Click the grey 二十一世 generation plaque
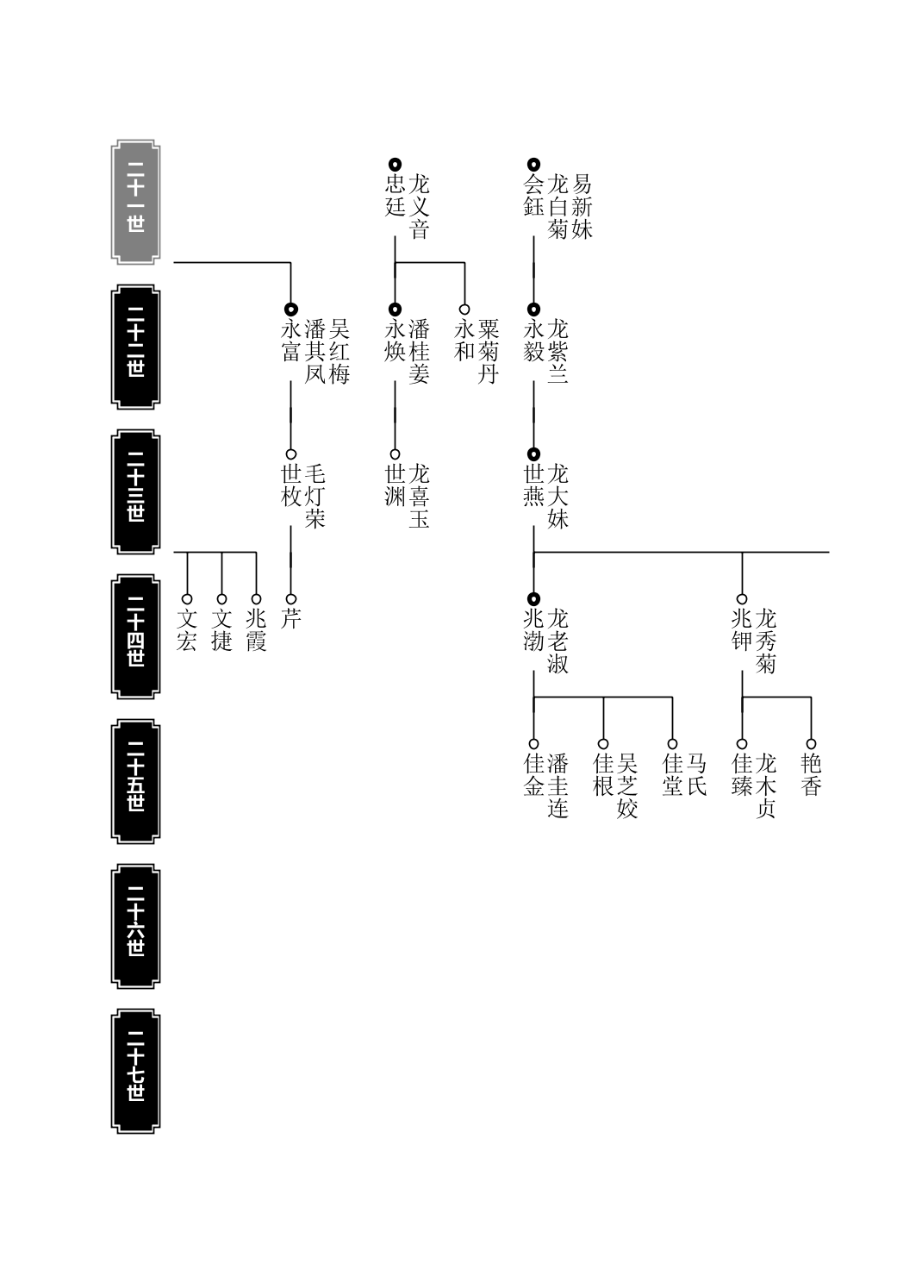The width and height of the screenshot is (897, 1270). coord(135,203)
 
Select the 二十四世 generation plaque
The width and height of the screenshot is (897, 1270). coord(135,636)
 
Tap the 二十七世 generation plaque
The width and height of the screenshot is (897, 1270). coord(135,1071)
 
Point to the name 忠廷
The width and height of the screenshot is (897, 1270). coord(395,195)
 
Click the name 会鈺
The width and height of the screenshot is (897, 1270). coord(533,195)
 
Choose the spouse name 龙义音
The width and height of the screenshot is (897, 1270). coord(419,206)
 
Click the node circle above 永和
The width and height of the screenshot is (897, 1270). coord(464,310)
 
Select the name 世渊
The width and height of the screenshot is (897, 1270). coord(395,485)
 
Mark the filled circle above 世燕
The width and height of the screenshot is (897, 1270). coord(533,454)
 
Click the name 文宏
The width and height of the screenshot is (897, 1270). coord(186,630)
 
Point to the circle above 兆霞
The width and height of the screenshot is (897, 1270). coord(256,599)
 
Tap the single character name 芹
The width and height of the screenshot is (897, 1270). coord(290,618)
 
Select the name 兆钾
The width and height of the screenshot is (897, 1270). coord(742,630)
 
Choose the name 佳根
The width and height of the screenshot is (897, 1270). coord(603,775)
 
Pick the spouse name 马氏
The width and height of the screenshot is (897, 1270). coord(696,775)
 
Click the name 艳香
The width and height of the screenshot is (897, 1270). coord(811,775)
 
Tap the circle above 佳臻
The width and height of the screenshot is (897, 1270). coord(742,744)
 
